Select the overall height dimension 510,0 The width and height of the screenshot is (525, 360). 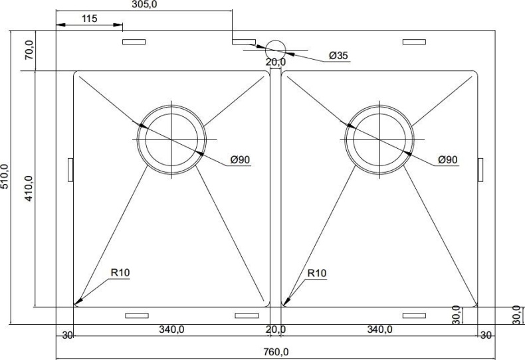pos(6,177)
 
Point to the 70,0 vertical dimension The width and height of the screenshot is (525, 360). pos(29,50)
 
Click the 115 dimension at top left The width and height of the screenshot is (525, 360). pos(90,19)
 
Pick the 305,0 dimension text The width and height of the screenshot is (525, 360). pos(145,5)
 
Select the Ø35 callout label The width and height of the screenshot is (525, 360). pos(338,56)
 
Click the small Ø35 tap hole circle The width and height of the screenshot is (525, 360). pos(275,49)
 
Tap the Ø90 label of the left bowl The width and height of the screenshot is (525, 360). pos(239,159)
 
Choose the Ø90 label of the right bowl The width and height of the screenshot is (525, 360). pos(448,159)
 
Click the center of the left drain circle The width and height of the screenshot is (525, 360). pos(172,139)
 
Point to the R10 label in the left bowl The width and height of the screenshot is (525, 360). pos(120,273)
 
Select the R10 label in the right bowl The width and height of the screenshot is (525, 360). pos(317,273)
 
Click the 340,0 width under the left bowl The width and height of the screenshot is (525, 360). pos(171,329)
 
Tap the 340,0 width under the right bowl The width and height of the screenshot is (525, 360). pos(379,329)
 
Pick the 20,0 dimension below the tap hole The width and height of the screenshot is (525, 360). pos(275,62)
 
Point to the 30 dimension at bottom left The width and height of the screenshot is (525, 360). pos(66,335)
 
